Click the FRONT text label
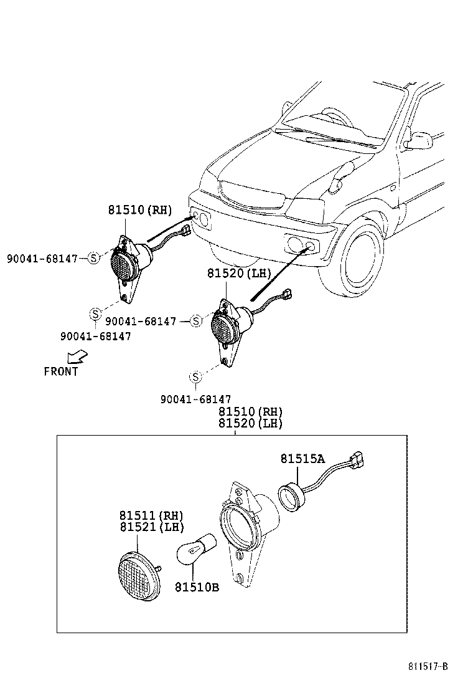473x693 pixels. click(x=61, y=371)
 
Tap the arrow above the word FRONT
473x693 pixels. click(x=77, y=357)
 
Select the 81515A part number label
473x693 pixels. click(x=302, y=459)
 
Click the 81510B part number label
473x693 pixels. click(x=197, y=587)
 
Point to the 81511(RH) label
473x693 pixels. click(x=151, y=515)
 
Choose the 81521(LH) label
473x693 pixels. click(x=151, y=527)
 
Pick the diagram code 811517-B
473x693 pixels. click(x=428, y=666)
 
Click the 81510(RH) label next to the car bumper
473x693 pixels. click(x=141, y=210)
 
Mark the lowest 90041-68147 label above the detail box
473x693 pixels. click(x=195, y=399)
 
